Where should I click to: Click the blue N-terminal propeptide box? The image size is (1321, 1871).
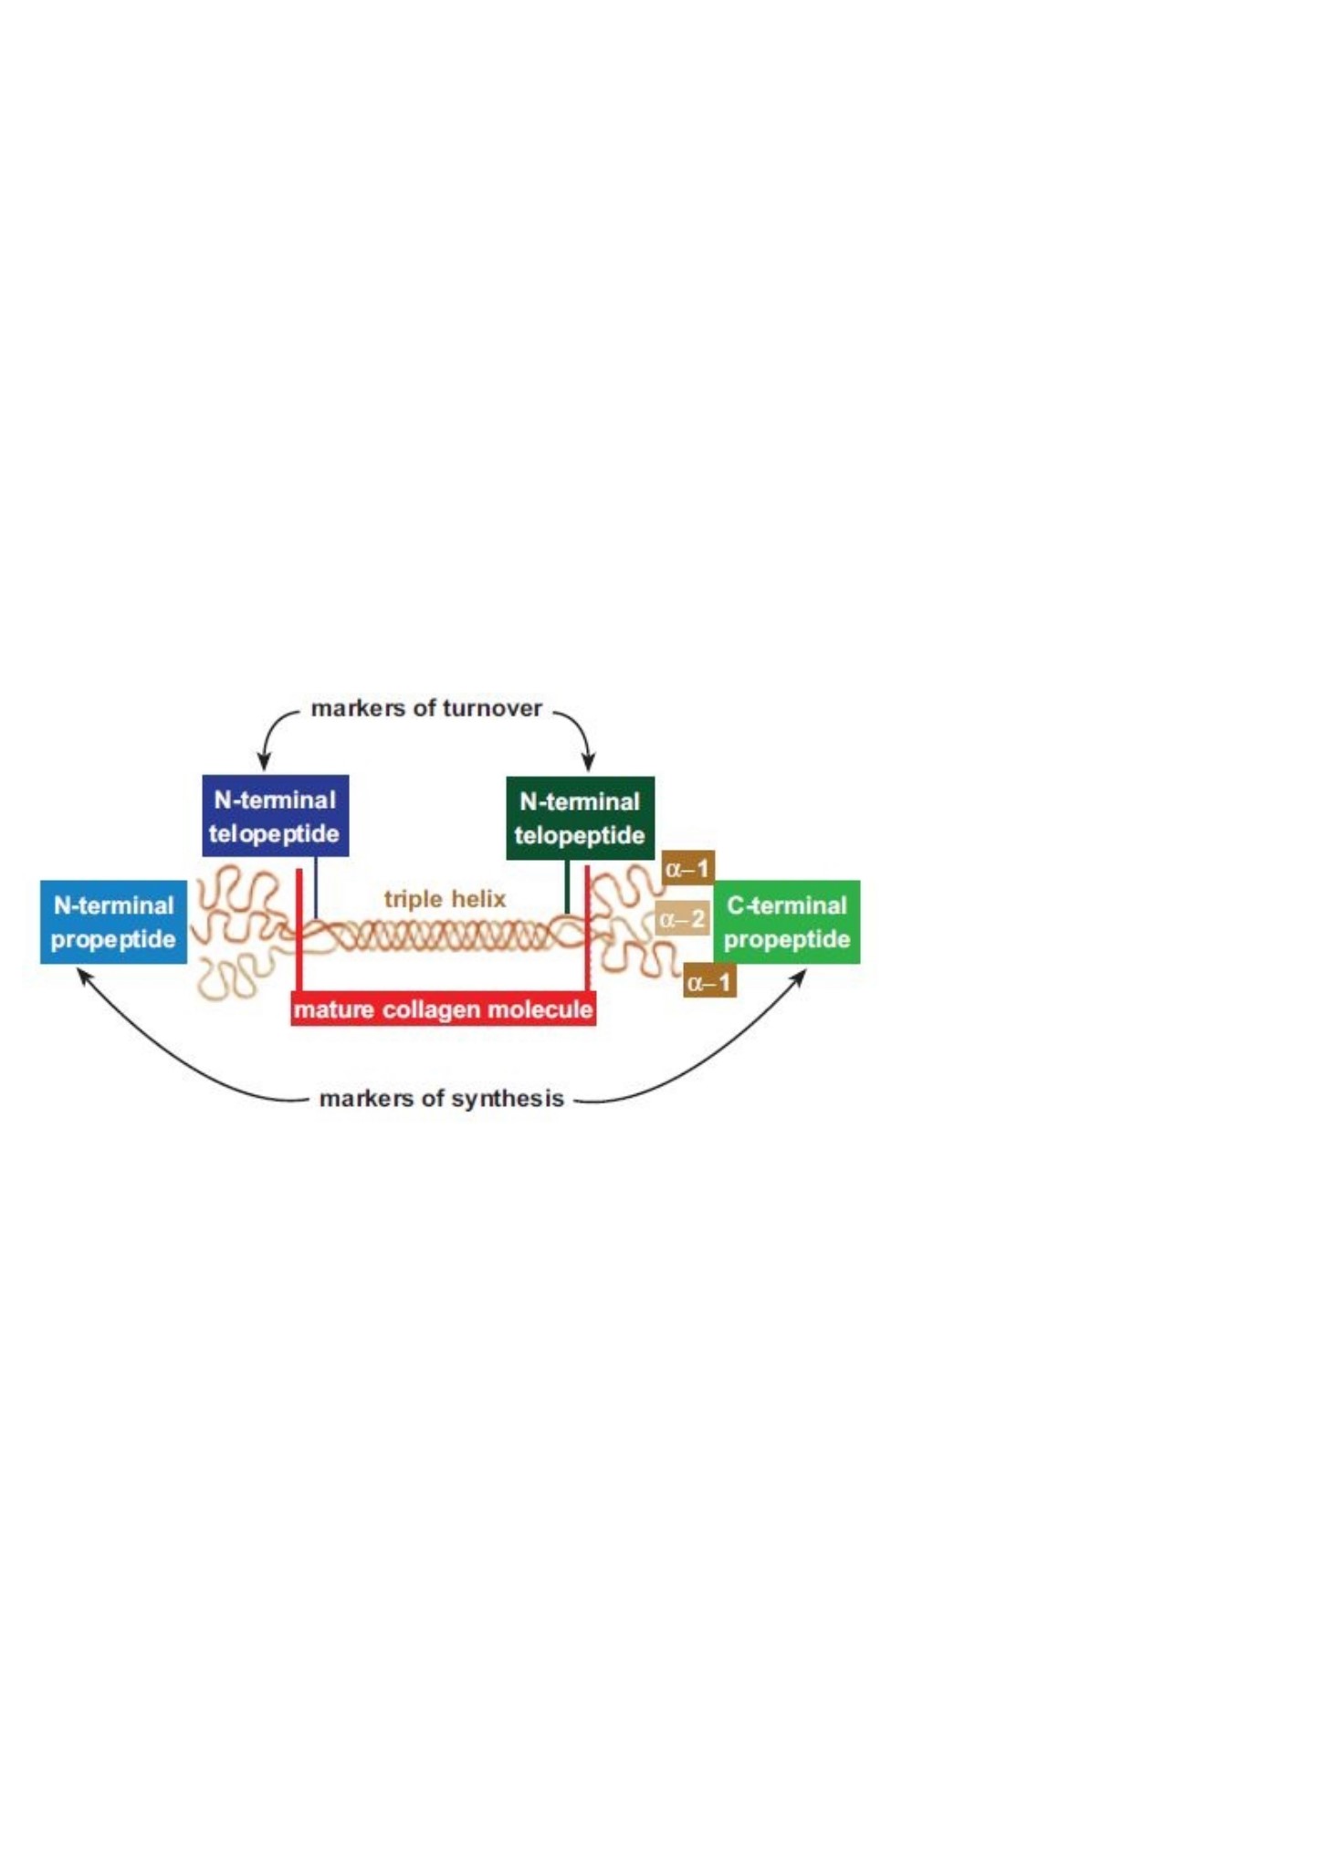click(113, 922)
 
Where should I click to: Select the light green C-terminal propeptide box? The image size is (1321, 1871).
click(787, 922)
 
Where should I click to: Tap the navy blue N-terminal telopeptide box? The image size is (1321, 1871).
click(275, 816)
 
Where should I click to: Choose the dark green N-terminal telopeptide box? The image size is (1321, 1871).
click(581, 818)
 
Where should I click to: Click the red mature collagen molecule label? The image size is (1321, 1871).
click(444, 1009)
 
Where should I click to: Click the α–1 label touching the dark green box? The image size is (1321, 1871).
click(687, 868)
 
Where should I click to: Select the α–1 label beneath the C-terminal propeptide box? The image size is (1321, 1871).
click(709, 981)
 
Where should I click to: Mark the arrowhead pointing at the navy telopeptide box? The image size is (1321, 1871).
click(264, 760)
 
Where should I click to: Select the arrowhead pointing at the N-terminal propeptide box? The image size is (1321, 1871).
click(83, 977)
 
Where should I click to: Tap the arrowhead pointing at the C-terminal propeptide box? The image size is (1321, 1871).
click(799, 977)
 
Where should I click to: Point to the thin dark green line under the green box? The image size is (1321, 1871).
click(567, 887)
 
